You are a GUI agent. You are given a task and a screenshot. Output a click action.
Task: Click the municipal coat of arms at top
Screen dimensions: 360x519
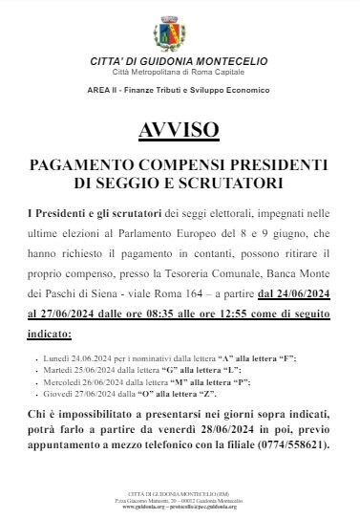[x=179, y=29]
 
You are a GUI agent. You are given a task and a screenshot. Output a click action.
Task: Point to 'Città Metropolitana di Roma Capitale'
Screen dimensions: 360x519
[x=180, y=73]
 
